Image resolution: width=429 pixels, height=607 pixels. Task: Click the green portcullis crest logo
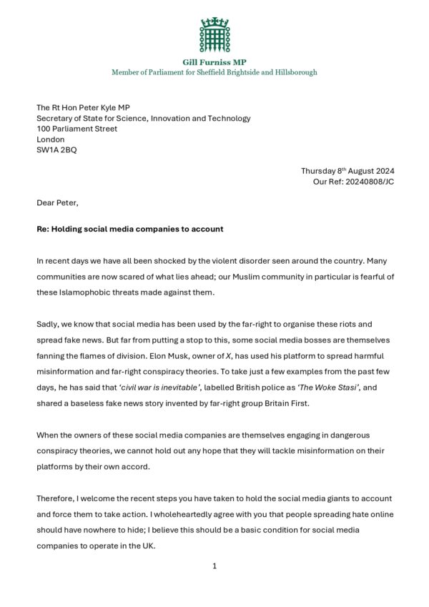pos(214,34)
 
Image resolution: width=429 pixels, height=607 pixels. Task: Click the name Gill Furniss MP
pos(214,62)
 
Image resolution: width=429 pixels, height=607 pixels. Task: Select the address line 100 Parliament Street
pos(77,129)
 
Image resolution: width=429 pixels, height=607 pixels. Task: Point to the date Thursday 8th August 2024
pos(347,171)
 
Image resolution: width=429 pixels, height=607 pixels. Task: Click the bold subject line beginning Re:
pos(130,229)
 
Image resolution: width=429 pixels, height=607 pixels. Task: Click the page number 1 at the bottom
pos(214,566)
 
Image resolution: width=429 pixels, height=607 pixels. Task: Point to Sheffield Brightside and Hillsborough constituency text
pos(246,72)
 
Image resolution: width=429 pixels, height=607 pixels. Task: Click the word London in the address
pos(51,139)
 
